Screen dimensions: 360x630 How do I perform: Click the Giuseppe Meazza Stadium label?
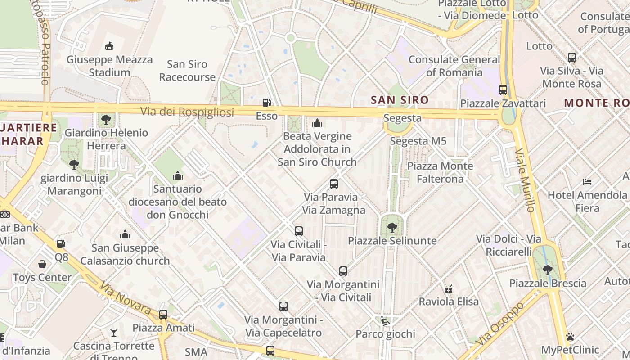[x=109, y=66]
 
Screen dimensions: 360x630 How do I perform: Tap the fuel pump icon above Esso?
[x=267, y=103]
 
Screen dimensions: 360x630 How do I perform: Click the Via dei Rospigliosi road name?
[x=187, y=112]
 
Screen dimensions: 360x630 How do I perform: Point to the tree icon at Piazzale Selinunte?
[x=392, y=227]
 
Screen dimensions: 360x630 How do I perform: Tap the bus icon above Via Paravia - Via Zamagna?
[x=333, y=184]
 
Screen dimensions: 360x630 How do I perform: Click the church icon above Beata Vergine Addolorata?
[x=317, y=122]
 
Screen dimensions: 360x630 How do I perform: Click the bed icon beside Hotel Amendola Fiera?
[x=587, y=182]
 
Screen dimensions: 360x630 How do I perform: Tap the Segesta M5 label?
[x=418, y=141]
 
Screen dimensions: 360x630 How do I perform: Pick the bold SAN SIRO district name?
[x=400, y=100]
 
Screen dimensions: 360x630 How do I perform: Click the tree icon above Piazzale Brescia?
[x=547, y=270]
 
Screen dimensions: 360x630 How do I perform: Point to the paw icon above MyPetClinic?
[x=570, y=337]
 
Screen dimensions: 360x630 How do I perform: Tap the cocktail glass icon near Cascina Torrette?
[x=114, y=333]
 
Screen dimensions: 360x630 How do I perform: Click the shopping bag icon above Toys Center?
[x=42, y=264]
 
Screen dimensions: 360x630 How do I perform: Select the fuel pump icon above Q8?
[x=61, y=244]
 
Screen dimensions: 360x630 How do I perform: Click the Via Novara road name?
[x=125, y=298]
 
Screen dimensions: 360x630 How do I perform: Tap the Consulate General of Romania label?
[x=454, y=66]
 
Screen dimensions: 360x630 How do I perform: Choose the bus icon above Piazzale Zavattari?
[x=503, y=90]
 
